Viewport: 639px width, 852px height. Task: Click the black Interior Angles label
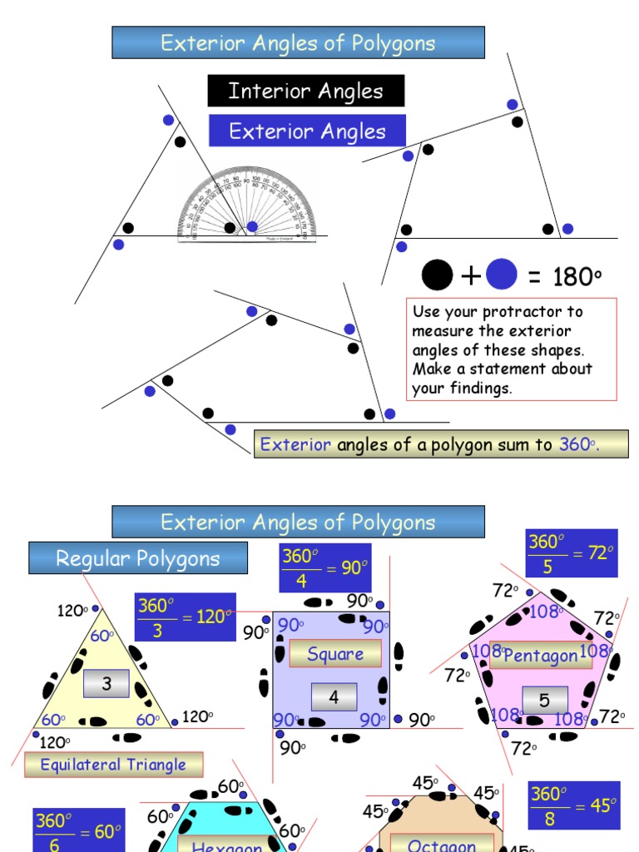[x=305, y=91]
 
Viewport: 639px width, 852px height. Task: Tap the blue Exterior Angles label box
[x=307, y=131]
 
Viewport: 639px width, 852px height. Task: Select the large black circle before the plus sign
[x=438, y=275]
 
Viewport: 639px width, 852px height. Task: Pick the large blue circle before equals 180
[x=502, y=275]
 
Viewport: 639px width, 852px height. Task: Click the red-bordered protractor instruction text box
[x=512, y=349]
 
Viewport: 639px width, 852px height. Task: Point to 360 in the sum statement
[x=574, y=444]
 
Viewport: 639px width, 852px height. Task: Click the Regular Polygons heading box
[x=138, y=558]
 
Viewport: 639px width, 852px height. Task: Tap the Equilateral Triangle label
[x=113, y=765]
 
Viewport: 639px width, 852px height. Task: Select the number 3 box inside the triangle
[x=106, y=685]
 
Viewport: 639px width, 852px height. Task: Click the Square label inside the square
[x=335, y=654]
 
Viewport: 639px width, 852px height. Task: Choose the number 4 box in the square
[x=334, y=697]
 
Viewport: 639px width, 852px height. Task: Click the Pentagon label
[x=541, y=655]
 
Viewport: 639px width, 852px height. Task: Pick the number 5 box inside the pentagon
[x=544, y=701]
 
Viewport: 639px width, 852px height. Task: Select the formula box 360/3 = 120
[x=185, y=617]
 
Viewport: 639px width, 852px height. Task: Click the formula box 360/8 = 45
[x=574, y=805]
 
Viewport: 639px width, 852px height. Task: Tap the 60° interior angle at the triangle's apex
[x=102, y=637]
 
